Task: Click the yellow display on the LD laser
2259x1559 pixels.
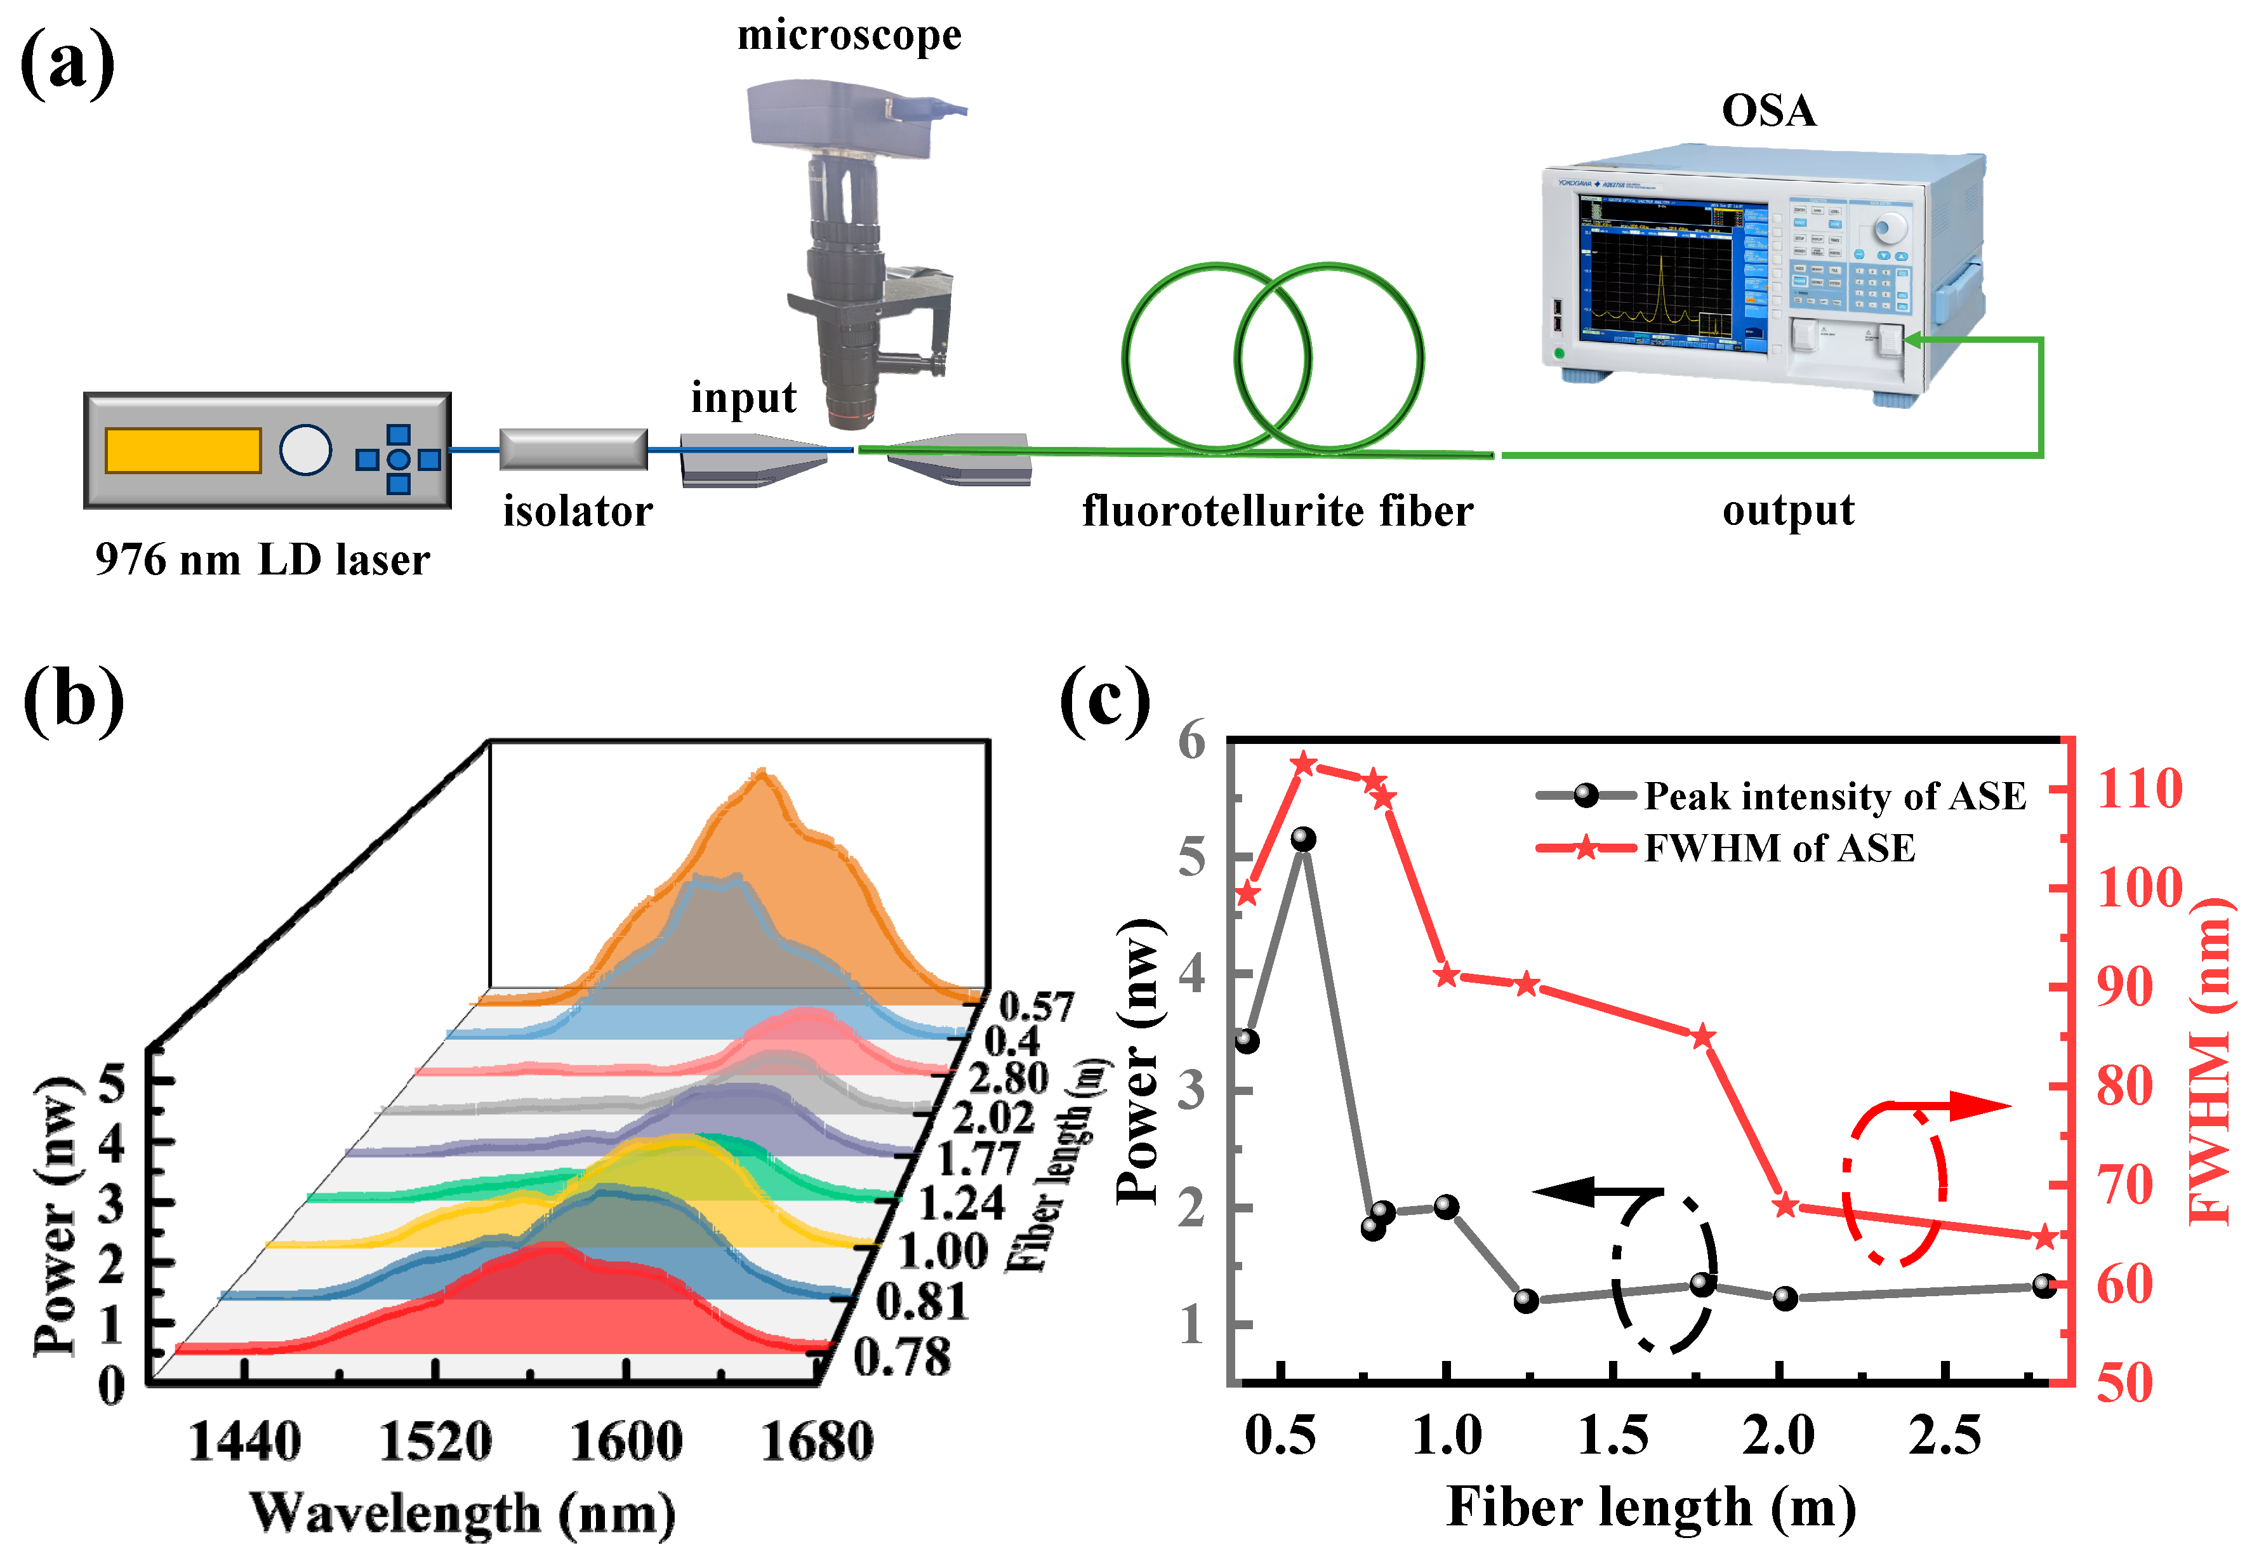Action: pos(183,450)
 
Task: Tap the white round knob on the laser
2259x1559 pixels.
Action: pos(306,450)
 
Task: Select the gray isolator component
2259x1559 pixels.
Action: pos(573,449)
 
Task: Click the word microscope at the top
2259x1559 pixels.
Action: pos(849,36)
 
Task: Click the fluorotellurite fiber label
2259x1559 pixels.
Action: pos(1278,511)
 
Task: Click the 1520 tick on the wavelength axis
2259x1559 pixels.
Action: pos(435,1442)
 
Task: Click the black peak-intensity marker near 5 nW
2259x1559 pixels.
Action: pos(1303,840)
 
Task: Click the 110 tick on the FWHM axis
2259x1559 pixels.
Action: pos(2139,789)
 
